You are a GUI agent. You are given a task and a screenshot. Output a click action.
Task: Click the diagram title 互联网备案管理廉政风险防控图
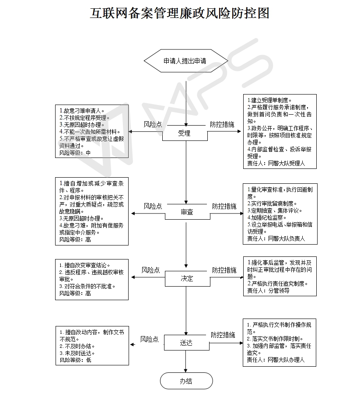180,13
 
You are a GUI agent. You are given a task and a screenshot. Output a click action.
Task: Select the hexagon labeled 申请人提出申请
186,61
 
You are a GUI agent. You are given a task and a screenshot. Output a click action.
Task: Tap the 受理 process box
185,133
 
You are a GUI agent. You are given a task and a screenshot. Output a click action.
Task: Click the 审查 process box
187,212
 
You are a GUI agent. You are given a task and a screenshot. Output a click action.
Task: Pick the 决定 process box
187,279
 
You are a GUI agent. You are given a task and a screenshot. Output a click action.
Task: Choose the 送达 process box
187,343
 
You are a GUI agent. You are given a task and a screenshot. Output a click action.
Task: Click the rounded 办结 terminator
186,381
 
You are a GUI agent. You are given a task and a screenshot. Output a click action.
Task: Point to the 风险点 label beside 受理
153,125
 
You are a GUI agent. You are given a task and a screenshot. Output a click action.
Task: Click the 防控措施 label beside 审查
224,207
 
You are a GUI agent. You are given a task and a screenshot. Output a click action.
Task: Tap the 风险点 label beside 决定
151,270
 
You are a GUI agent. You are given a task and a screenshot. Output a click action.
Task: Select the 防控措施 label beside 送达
223,335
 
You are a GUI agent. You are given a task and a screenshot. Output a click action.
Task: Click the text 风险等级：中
75,153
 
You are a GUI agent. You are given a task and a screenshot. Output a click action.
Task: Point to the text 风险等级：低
76,360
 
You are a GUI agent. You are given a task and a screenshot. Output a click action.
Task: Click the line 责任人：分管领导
268,291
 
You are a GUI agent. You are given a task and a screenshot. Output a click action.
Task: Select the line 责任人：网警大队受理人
276,163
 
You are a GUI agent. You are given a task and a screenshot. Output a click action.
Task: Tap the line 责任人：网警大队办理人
276,360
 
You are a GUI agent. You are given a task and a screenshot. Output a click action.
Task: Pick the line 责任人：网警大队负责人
276,238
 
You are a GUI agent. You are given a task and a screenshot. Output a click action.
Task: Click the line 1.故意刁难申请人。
82,111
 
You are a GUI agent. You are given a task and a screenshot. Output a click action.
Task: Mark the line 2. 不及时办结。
77,346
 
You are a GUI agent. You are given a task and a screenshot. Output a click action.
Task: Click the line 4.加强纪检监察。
267,217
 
